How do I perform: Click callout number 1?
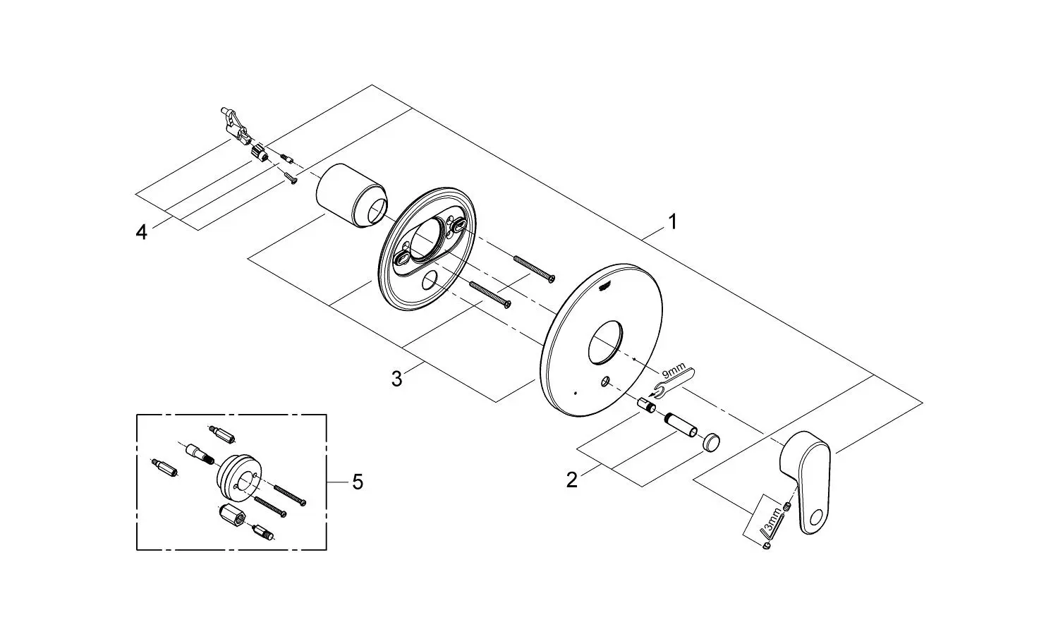(x=673, y=222)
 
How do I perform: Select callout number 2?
(x=572, y=480)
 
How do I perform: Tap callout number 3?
(x=396, y=379)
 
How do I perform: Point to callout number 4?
(x=141, y=232)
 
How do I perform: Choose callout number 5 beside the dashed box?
(x=358, y=482)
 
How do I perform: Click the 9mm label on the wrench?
(x=674, y=371)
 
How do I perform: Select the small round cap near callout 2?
(x=711, y=441)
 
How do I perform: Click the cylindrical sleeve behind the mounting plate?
(x=351, y=196)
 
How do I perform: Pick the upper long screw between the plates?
(x=534, y=269)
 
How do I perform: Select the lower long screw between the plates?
(x=490, y=295)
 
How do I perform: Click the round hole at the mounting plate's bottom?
(x=430, y=281)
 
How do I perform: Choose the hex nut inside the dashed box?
(x=232, y=515)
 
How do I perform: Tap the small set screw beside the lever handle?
(x=787, y=506)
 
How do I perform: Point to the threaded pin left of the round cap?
(x=680, y=425)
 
